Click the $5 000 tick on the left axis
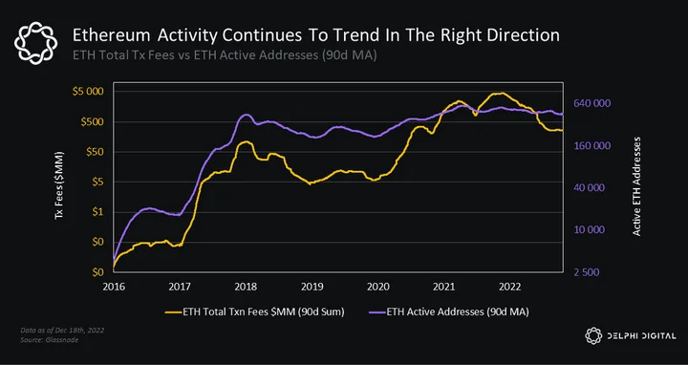(x=88, y=92)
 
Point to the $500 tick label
(x=92, y=121)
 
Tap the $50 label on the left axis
(x=95, y=152)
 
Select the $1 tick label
(x=98, y=212)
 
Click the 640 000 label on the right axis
(x=591, y=103)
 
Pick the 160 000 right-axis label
(x=591, y=145)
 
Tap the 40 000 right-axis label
(x=590, y=188)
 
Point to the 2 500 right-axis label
(x=587, y=272)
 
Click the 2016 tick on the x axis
(x=114, y=287)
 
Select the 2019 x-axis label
(x=312, y=287)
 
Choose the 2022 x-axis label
(x=510, y=287)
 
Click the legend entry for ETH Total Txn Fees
(x=255, y=311)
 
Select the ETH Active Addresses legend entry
(x=448, y=311)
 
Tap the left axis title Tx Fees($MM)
(x=59, y=185)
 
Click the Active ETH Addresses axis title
(x=636, y=186)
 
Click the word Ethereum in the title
(x=112, y=35)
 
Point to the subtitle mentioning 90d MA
(x=225, y=55)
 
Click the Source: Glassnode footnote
(x=49, y=340)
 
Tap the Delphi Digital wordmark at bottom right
(x=641, y=336)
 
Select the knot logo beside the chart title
(x=36, y=43)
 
